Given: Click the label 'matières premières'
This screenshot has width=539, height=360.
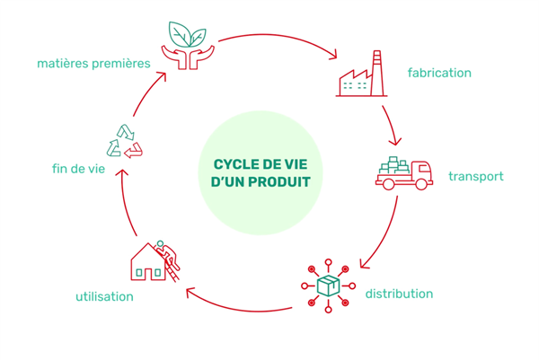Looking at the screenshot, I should point(93,63).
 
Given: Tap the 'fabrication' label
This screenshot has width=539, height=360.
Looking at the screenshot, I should point(439,72).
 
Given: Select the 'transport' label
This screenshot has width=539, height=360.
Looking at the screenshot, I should point(475,176).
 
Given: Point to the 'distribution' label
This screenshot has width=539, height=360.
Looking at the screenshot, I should point(399,294).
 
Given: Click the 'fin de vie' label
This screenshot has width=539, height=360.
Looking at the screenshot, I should point(80,168).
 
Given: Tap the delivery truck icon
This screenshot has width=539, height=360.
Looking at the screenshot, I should point(403,174).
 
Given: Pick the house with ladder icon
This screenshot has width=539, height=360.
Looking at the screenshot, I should point(153,259).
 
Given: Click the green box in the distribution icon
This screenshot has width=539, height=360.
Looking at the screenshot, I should point(329,285).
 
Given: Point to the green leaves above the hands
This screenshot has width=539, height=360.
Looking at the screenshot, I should point(187,34).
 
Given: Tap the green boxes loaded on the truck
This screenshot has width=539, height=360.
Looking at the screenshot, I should point(394,165).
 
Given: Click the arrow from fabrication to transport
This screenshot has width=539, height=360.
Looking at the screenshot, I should point(392,126).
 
